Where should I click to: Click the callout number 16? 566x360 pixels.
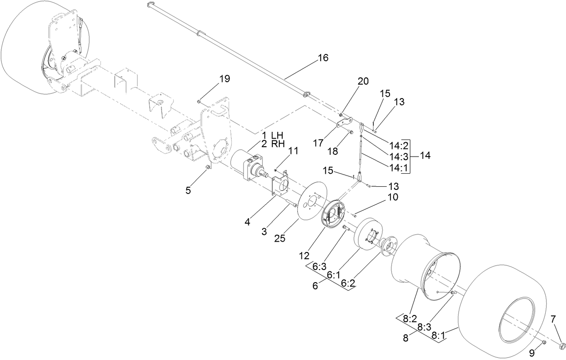323,58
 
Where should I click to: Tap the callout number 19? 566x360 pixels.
225,79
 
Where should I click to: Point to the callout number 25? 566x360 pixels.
280,239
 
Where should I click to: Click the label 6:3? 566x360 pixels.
319,266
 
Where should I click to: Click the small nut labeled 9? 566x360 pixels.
544,343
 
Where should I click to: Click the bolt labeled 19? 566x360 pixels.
199,102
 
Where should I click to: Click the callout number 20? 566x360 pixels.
363,81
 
